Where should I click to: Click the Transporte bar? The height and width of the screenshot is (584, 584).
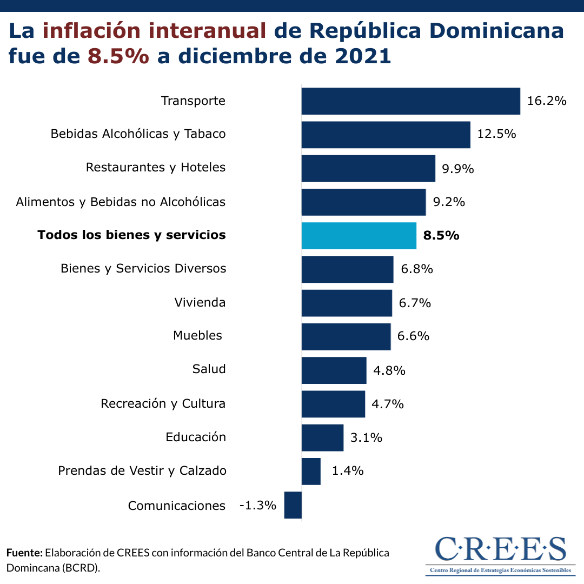coord(410,101)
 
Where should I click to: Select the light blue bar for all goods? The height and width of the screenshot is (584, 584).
coord(359,236)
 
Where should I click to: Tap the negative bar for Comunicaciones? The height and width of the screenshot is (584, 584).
coord(293,505)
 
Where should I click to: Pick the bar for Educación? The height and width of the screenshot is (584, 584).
coord(322,437)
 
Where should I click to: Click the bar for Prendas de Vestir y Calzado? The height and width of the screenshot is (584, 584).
coord(311,471)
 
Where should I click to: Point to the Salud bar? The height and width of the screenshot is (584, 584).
coord(334,370)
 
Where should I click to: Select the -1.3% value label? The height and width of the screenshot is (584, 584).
coord(258,506)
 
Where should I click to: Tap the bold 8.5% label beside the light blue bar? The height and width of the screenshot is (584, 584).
coord(441,236)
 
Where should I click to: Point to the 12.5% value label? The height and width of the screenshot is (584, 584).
coord(496,134)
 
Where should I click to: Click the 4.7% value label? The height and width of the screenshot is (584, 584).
coord(388,404)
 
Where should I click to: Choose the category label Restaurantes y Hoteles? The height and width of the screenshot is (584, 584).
coord(156,168)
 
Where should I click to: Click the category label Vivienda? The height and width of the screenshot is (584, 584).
coord(200,302)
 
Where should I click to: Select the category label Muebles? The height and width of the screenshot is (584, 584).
coord(197,336)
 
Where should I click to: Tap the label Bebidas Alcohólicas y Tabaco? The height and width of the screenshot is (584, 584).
coord(138,134)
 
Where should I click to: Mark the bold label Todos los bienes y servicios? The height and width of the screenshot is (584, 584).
coord(131,235)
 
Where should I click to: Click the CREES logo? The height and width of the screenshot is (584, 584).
coord(500,555)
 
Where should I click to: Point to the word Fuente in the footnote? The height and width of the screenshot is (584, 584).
coord(24,553)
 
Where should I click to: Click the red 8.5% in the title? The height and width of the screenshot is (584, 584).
coord(118,56)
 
